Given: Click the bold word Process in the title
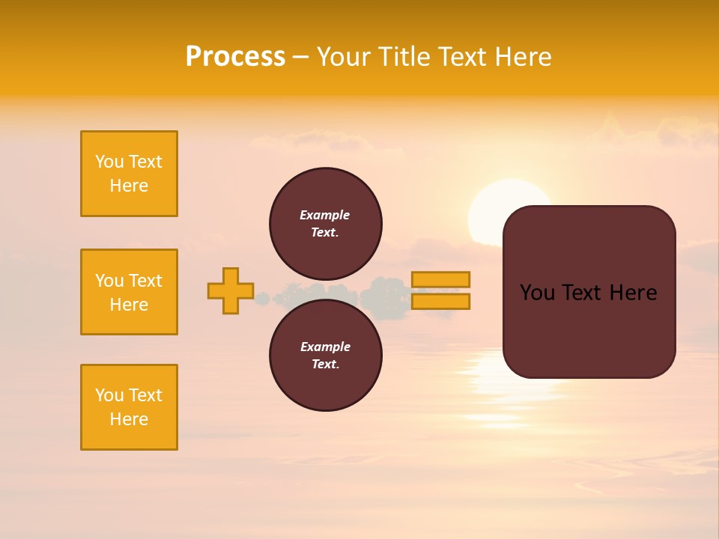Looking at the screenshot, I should [x=235, y=57].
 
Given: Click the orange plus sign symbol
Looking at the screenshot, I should [x=231, y=290].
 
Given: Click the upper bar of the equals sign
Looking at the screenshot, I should [x=440, y=279].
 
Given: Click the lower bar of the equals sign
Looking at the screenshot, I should [x=440, y=302].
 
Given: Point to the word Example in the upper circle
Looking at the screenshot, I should [x=325, y=215].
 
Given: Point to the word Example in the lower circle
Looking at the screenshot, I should [x=325, y=347].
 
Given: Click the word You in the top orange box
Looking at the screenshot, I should [x=109, y=162].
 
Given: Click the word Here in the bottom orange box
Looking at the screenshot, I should [x=129, y=419].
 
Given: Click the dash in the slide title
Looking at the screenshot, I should [x=300, y=58].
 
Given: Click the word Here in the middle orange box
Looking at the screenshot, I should [x=129, y=305].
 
